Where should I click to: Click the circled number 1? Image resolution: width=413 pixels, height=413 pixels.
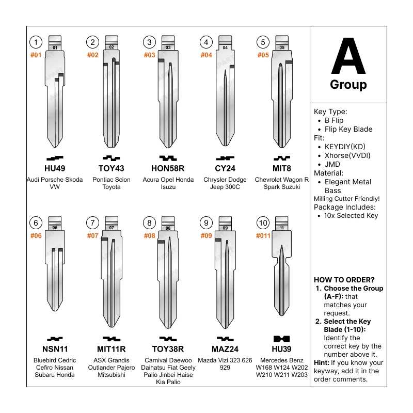(35, 42)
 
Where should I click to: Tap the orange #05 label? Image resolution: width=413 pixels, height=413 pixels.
(263, 55)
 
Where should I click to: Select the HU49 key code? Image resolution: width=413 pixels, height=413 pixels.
(54, 168)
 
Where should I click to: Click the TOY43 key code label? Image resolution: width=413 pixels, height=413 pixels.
(112, 168)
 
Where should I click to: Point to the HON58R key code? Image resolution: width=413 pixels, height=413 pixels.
(168, 168)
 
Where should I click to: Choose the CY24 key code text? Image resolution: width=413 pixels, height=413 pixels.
(225, 168)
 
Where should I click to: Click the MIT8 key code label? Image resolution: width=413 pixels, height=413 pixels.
(282, 168)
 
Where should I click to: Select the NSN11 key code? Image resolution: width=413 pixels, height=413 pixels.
(54, 349)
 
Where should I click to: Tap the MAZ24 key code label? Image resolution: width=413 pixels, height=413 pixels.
(225, 349)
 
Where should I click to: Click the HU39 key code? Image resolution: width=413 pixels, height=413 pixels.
(282, 349)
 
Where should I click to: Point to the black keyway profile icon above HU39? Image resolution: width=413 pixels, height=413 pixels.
(281, 339)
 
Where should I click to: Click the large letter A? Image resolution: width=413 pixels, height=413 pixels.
(348, 56)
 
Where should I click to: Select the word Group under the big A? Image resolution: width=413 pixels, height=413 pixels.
(348, 85)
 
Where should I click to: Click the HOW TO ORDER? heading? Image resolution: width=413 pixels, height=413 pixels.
(344, 279)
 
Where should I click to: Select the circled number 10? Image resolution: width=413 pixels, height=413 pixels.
(263, 223)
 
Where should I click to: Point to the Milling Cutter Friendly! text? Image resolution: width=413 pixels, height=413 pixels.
(346, 198)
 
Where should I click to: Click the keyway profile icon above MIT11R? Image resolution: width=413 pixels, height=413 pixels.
(112, 339)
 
